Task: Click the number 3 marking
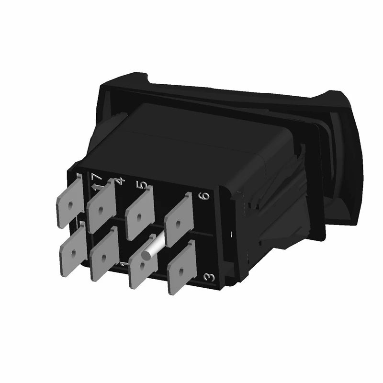(x=208, y=277)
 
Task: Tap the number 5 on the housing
(x=140, y=185)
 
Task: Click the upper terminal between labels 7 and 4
(x=101, y=207)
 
